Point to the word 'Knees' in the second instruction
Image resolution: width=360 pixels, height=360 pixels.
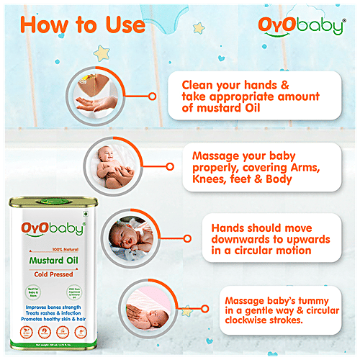click(x=209, y=178)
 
